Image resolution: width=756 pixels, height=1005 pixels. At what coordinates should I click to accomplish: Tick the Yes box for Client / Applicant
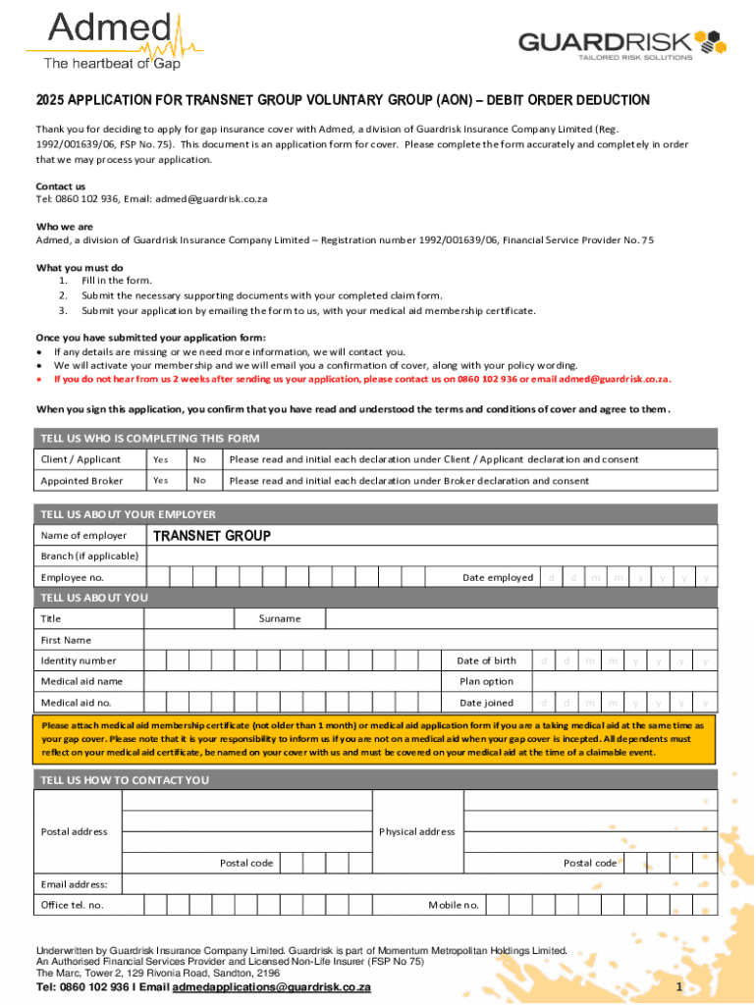[x=161, y=459]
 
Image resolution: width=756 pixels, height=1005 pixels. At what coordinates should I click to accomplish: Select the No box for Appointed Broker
[x=200, y=481]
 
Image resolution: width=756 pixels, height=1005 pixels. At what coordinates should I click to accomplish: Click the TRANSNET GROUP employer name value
[x=211, y=536]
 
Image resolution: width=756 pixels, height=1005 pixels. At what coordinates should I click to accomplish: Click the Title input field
[x=189, y=619]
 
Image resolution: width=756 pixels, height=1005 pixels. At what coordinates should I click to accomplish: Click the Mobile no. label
[x=454, y=905]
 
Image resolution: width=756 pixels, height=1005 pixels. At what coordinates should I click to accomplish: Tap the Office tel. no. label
[x=73, y=905]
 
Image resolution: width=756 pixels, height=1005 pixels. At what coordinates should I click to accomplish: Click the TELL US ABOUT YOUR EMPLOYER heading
[x=128, y=514]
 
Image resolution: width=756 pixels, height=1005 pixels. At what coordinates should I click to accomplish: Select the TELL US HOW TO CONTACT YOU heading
[x=125, y=780]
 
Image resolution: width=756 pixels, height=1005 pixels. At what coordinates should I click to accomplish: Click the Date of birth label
[x=487, y=661]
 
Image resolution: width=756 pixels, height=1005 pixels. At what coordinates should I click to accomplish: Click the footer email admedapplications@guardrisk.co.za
[x=271, y=987]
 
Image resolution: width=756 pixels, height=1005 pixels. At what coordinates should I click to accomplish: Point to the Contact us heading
[x=61, y=186]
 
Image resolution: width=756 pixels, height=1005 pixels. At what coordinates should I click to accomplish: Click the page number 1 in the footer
[x=678, y=985]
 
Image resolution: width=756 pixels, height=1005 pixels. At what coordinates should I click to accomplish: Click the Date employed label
[x=498, y=578]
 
